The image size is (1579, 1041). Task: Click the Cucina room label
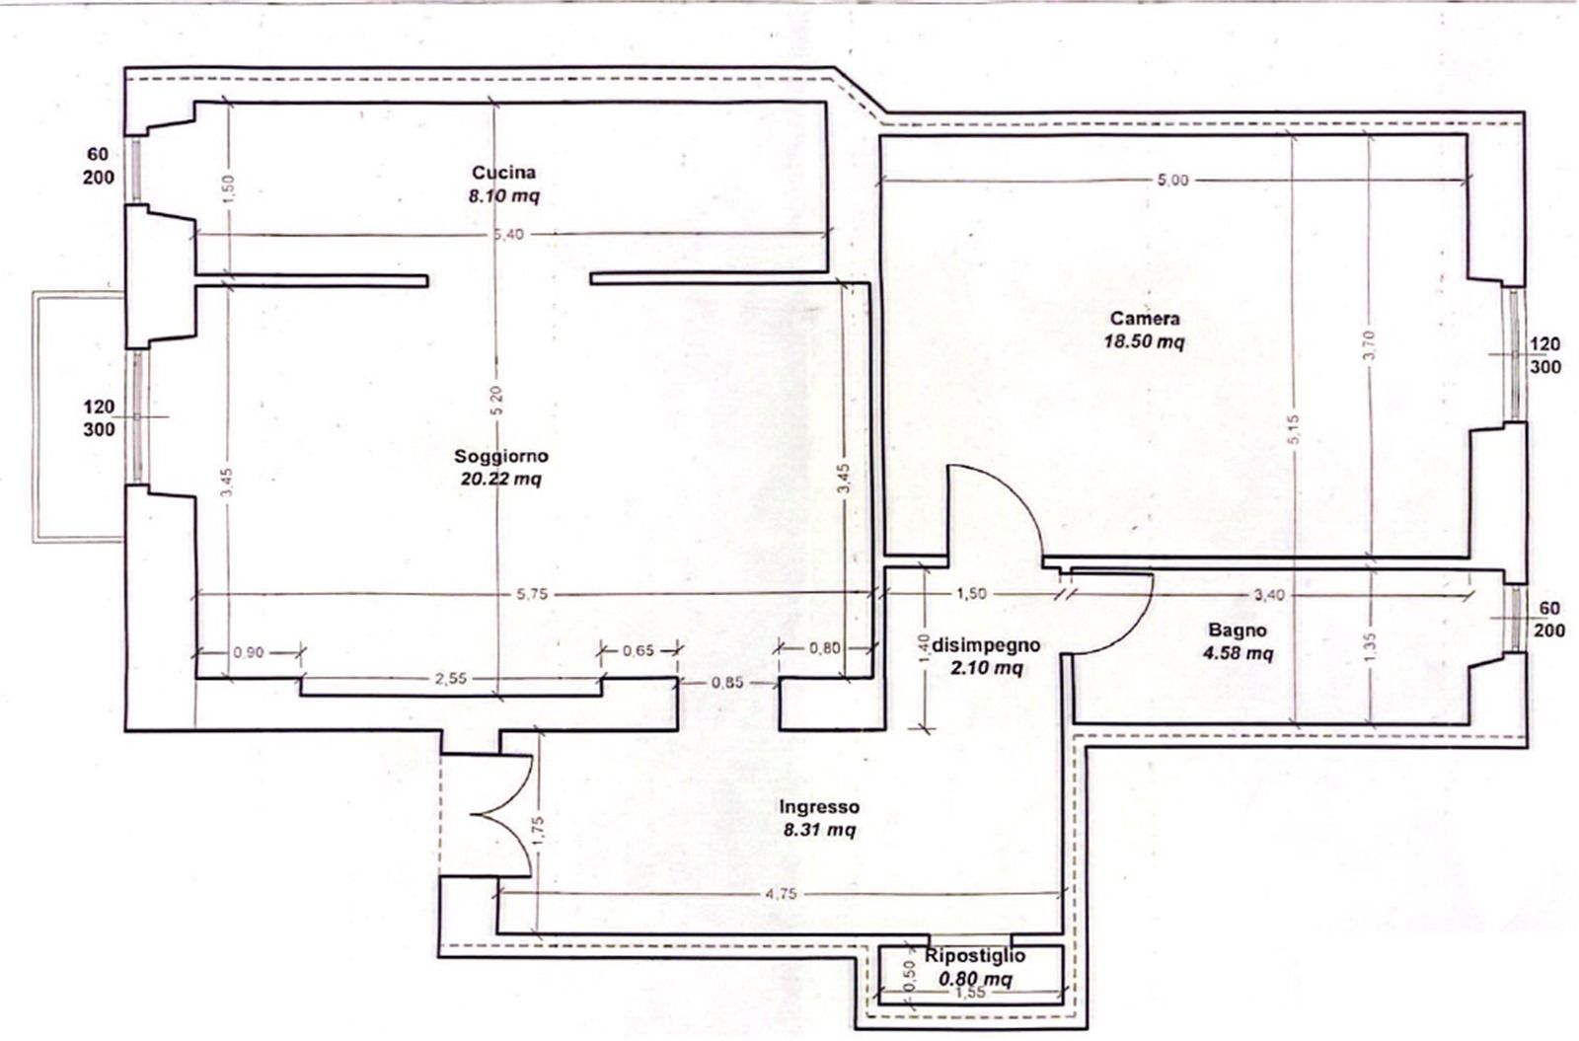coord(503,173)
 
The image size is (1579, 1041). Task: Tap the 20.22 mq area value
coord(501,480)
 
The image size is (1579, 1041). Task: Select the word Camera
coord(1145,319)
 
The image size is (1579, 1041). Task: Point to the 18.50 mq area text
coord(1144,341)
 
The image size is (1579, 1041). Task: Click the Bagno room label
coord(1238,631)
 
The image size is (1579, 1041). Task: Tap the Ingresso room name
coord(819,807)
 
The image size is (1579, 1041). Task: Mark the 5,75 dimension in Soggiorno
coord(532,594)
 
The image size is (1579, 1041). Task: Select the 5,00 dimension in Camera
coord(1172,181)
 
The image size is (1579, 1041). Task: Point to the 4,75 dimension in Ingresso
coord(781,894)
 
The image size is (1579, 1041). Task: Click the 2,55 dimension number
coord(450,679)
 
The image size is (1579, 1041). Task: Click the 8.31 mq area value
coord(819,830)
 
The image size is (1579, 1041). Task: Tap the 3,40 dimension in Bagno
coord(1269,596)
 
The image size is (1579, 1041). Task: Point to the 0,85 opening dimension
coord(726,682)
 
